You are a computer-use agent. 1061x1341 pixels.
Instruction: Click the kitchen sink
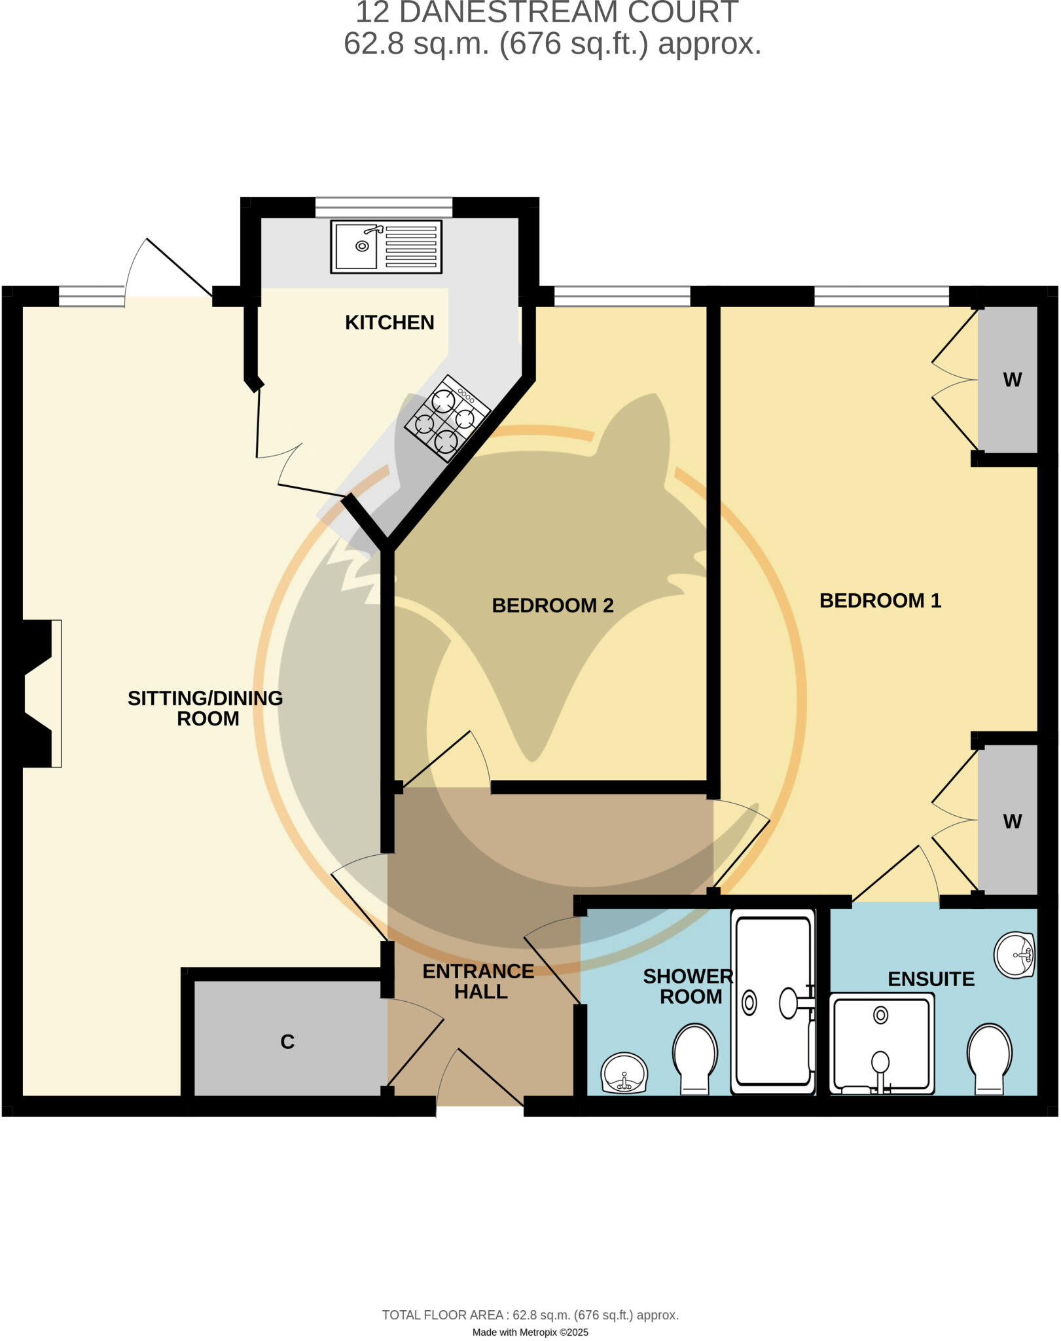386,246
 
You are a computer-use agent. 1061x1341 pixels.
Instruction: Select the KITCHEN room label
389,323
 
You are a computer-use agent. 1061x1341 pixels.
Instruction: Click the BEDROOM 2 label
552,606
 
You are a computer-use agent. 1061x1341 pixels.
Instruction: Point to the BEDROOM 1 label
880,600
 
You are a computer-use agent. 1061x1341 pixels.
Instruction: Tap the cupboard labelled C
287,1041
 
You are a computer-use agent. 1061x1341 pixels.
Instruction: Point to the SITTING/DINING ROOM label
206,708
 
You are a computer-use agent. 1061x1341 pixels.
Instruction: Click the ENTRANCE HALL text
479,981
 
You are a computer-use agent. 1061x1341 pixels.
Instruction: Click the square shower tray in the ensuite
881,1044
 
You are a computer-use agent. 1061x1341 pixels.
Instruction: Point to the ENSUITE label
931,980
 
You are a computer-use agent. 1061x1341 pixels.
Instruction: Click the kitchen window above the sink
384,207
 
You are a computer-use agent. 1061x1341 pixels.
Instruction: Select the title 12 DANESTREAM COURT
547,13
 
